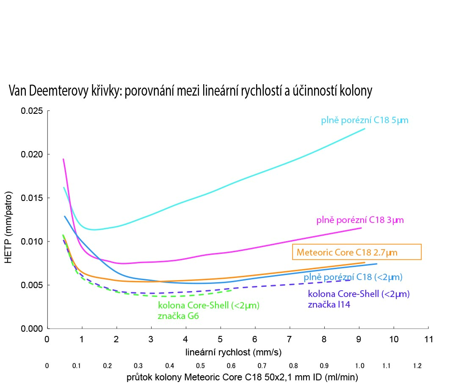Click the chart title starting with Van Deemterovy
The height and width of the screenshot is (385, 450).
190,91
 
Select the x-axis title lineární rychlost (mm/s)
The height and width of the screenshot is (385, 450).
234,352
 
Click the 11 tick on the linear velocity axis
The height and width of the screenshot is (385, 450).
428,339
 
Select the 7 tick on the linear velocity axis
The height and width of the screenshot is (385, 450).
290,339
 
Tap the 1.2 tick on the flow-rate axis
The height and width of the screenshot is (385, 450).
417,366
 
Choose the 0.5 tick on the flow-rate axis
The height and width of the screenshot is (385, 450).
200,366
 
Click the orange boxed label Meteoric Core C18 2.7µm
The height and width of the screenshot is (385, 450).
356,253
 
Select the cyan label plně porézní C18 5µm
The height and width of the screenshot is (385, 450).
364,121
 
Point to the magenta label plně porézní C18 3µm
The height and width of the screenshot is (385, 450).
360,220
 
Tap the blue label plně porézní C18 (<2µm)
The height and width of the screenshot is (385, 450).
353,278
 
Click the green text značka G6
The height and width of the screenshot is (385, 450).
177,315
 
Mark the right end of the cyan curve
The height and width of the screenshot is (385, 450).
364,129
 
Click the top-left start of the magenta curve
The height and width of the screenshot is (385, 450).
63,159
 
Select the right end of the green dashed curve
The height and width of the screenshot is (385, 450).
232,290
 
